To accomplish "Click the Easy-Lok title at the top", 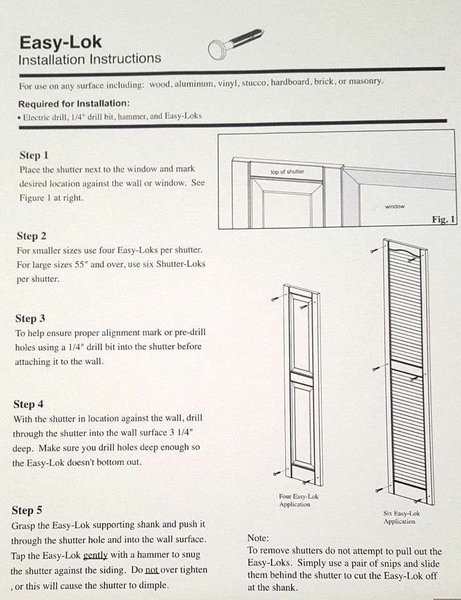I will (x=60, y=42).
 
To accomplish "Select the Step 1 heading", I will (x=34, y=155).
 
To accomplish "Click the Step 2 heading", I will (x=31, y=236).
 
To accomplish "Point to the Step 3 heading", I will (x=30, y=318).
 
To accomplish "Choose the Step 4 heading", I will (x=29, y=404).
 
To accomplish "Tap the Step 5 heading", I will (x=27, y=510).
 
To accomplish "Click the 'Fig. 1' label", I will (x=443, y=219).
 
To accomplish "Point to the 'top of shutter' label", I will (x=287, y=172).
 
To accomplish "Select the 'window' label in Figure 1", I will (x=394, y=206).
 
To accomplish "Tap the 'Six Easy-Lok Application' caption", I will (x=400, y=517).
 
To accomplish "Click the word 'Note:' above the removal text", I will (x=258, y=537).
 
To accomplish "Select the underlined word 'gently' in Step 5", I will (x=95, y=555).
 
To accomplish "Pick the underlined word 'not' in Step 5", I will (x=151, y=570).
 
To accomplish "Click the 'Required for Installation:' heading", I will (x=74, y=103).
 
